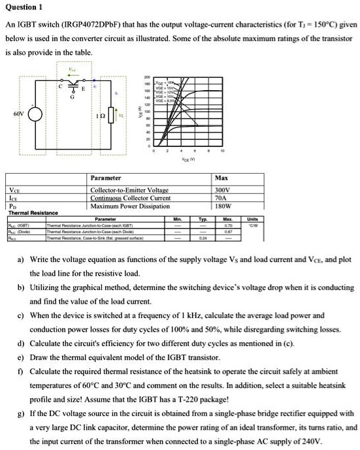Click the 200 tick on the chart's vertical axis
(148, 76)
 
